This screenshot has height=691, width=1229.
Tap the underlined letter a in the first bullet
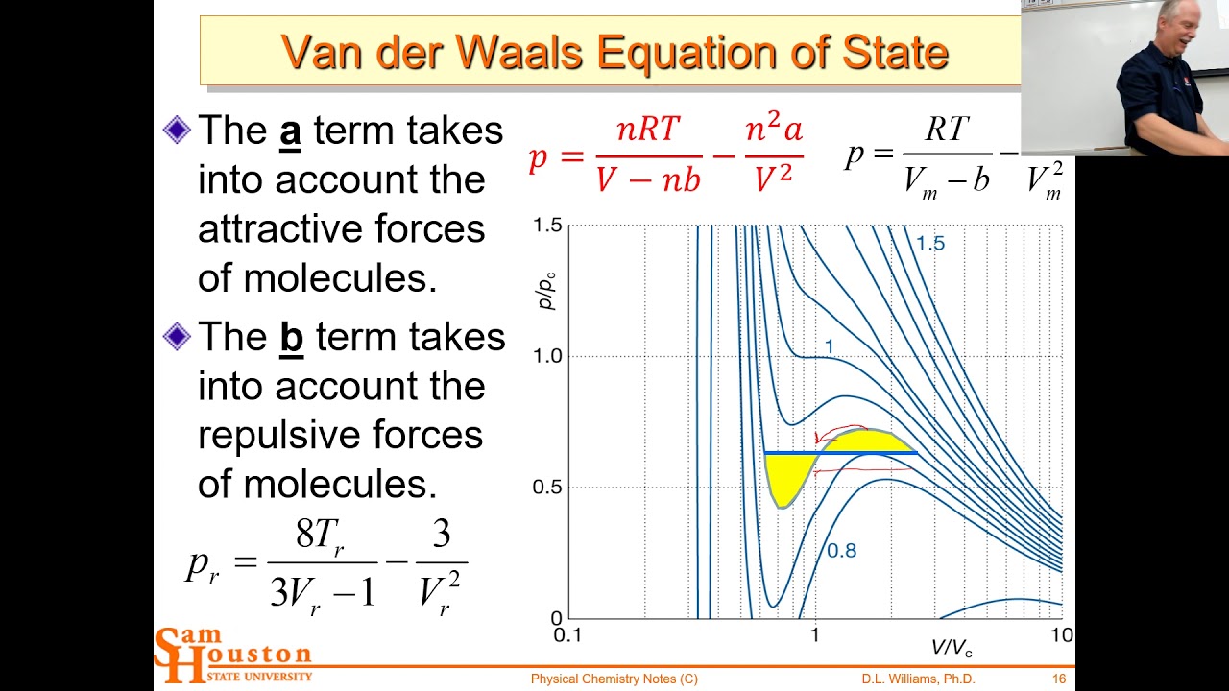(x=290, y=131)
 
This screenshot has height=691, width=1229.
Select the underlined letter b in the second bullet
(x=292, y=338)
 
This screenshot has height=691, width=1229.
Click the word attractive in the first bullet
(x=341, y=229)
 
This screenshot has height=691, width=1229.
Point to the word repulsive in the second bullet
(x=340, y=435)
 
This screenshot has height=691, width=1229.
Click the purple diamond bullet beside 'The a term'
(x=178, y=131)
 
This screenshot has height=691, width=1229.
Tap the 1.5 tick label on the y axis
(x=547, y=226)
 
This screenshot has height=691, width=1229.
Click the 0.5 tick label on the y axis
(x=547, y=488)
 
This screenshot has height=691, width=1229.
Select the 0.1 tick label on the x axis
(x=567, y=635)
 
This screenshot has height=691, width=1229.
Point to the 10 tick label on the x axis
(x=1060, y=635)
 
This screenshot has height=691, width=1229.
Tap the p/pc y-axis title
(x=546, y=289)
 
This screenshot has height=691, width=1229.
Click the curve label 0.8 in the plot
(x=841, y=551)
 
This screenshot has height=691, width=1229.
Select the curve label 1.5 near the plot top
(x=929, y=244)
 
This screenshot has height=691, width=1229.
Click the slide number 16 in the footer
(x=1059, y=679)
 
